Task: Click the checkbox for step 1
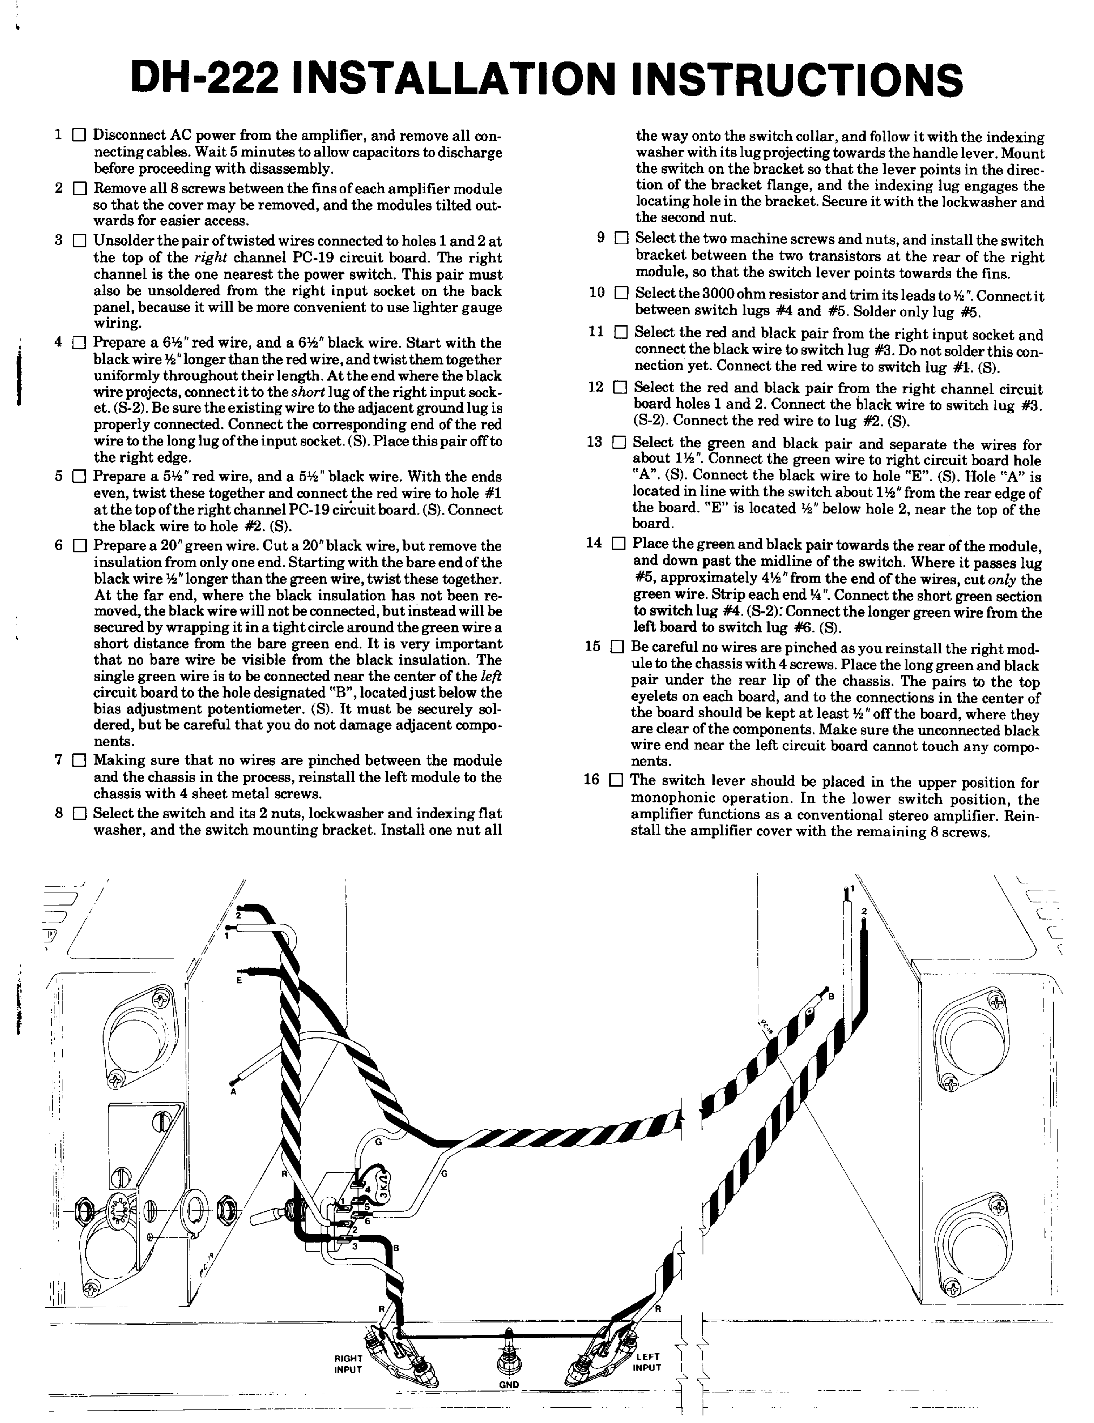point(79,136)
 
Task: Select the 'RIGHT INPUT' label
point(348,1364)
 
